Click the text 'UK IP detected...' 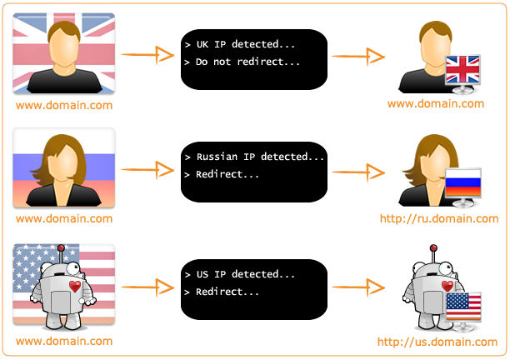[x=245, y=45]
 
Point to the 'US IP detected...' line [x=245, y=274]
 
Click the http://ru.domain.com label [x=438, y=218]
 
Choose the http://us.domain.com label [x=437, y=342]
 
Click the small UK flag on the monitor [x=463, y=70]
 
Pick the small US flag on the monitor [x=463, y=305]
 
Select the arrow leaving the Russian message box [x=357, y=171]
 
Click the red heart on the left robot [x=74, y=286]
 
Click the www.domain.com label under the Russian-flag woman [x=64, y=218]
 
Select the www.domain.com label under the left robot [x=64, y=342]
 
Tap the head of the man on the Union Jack [x=64, y=46]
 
